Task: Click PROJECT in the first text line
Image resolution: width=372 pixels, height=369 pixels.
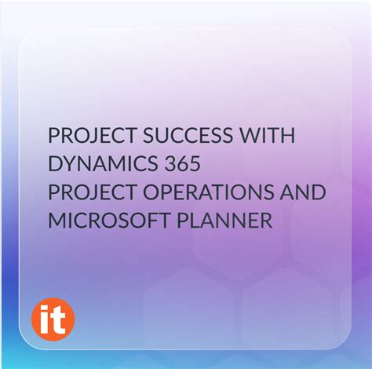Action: point(83,136)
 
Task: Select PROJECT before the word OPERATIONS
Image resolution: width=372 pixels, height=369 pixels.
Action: point(83,193)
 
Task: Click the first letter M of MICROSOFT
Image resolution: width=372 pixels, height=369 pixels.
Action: point(57,221)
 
